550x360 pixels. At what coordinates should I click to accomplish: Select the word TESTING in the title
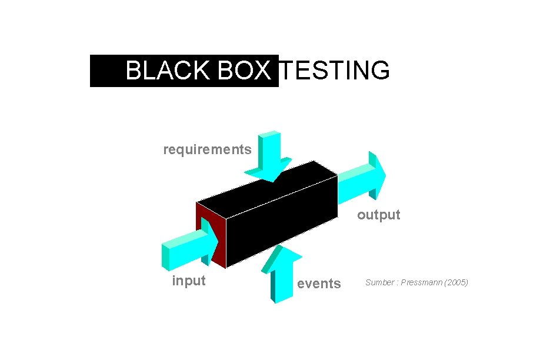(x=334, y=71)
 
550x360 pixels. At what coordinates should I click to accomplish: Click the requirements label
(x=207, y=149)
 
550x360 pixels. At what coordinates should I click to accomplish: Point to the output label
(x=378, y=215)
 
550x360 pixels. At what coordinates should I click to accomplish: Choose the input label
(x=188, y=281)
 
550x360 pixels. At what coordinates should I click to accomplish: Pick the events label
(x=318, y=284)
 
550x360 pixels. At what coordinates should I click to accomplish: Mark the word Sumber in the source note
(x=379, y=282)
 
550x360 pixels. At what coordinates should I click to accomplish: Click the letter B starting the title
(x=133, y=71)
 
